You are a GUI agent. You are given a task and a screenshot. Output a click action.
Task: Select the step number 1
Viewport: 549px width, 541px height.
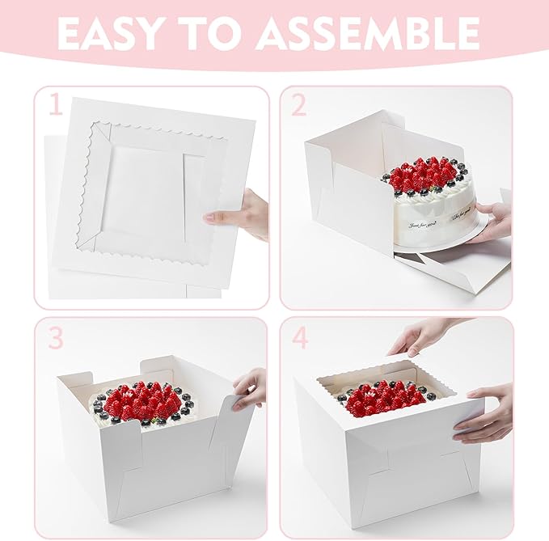[54, 107]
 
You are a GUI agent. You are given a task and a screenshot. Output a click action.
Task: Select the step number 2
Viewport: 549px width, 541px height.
[300, 107]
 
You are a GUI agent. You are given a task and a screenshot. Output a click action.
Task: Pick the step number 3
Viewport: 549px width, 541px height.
[55, 337]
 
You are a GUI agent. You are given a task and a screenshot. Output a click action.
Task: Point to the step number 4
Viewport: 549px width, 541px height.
[300, 337]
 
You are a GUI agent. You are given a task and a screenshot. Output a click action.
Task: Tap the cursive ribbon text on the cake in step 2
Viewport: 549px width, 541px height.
[424, 215]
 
